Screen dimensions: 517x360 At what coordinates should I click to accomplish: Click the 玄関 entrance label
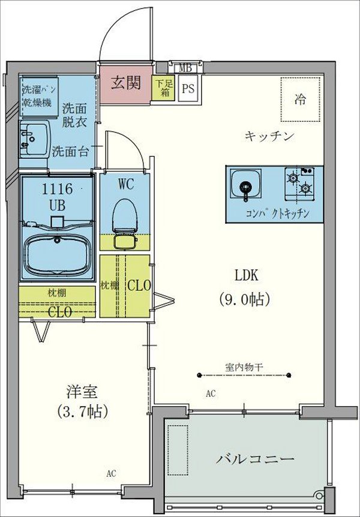point(125,82)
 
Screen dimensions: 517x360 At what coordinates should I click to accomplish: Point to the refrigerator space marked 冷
point(299,100)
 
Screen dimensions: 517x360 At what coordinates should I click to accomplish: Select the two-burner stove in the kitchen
point(299,182)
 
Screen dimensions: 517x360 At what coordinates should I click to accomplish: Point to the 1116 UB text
point(57,196)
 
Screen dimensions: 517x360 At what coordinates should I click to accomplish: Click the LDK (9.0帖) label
point(246,286)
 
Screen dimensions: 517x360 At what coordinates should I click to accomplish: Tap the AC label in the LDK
point(211,393)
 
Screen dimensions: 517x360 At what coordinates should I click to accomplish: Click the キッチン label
point(268,136)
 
